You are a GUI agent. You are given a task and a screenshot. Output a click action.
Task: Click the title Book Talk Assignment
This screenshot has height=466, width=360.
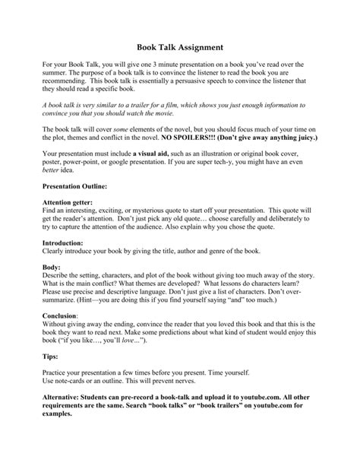(x=179, y=46)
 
